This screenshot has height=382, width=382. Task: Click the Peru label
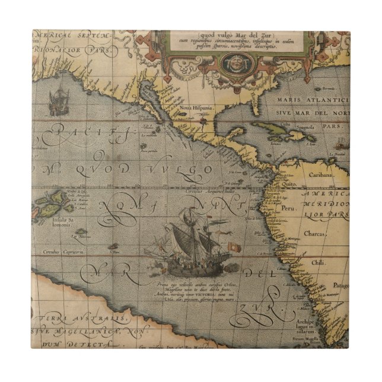point(289,209)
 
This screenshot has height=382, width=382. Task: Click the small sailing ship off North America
point(59,102)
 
